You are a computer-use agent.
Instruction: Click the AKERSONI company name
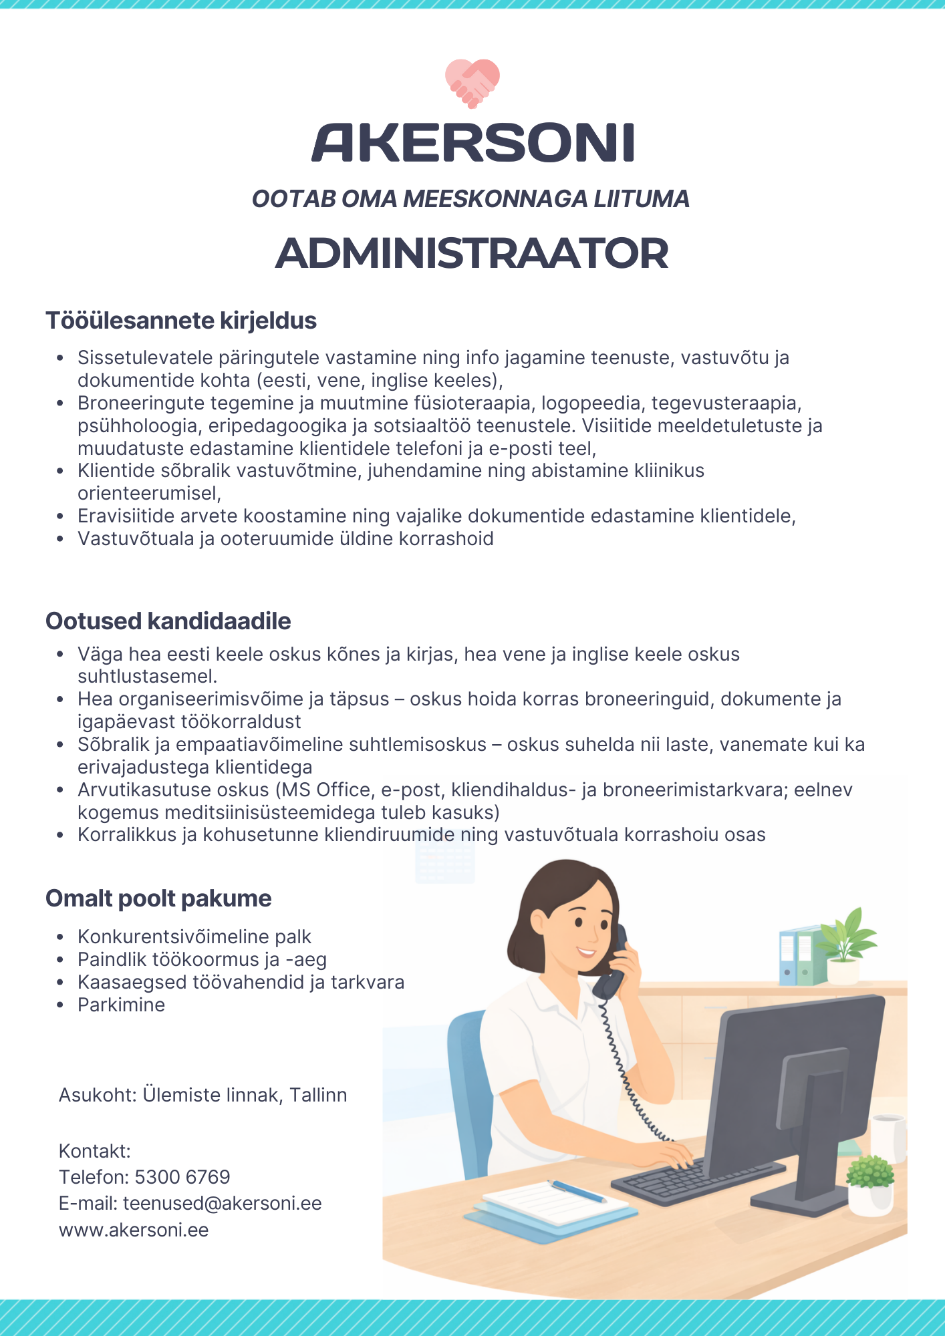pos(472,142)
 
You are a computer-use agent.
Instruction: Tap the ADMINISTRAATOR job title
pos(472,254)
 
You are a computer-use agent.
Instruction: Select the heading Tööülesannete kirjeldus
pos(181,321)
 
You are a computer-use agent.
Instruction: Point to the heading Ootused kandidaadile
pos(168,621)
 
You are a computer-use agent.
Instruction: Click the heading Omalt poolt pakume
pos(159,898)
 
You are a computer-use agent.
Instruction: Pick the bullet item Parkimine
pos(121,1005)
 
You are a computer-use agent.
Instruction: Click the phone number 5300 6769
pos(182,1177)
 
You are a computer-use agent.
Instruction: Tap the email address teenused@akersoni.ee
pos(223,1203)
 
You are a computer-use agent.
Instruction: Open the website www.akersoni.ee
pos(134,1230)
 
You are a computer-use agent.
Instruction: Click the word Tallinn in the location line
pos(318,1095)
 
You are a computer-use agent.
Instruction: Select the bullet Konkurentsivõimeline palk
pos(194,937)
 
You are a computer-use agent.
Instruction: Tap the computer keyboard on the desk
pos(695,1179)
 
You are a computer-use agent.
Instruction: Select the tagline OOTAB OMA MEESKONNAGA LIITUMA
pos(471,199)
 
